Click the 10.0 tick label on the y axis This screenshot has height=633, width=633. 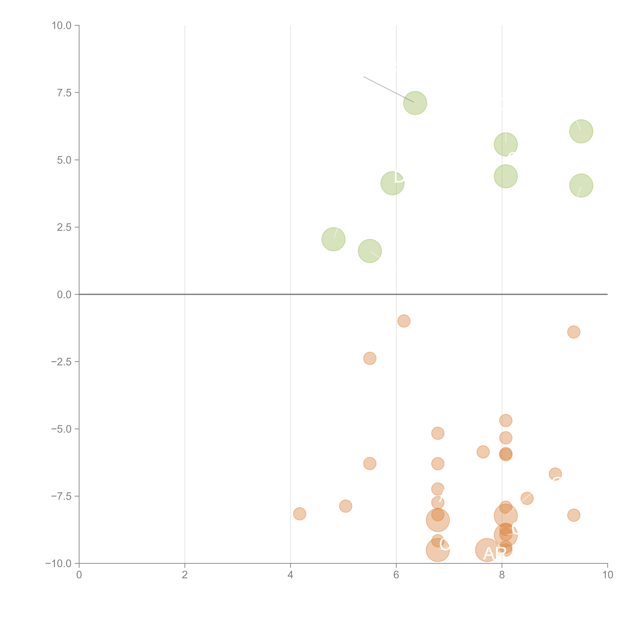62,26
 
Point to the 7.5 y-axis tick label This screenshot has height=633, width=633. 64,93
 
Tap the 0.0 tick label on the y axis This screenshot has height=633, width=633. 64,295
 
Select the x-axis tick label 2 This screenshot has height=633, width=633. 185,575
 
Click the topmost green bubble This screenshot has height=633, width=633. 415,103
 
